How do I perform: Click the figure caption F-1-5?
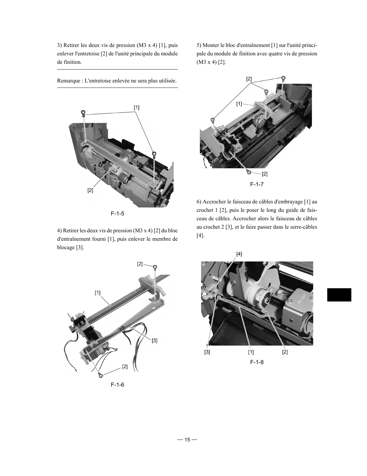[117, 214]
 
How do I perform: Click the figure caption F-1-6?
[117, 385]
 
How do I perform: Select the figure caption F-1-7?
[257, 184]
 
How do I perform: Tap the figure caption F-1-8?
[257, 362]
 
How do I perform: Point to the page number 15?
[187, 440]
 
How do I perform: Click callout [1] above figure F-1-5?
[137, 107]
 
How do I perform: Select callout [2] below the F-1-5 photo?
[90, 190]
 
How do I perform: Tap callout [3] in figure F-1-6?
[154, 341]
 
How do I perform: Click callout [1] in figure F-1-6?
[98, 292]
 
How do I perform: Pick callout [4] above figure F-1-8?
[239, 254]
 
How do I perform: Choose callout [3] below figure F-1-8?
[207, 352]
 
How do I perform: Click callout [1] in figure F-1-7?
[239, 104]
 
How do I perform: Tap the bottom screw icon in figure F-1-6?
[101, 375]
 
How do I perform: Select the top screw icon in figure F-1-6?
[155, 267]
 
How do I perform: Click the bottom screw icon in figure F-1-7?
[249, 172]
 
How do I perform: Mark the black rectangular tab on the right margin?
[339, 295]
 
